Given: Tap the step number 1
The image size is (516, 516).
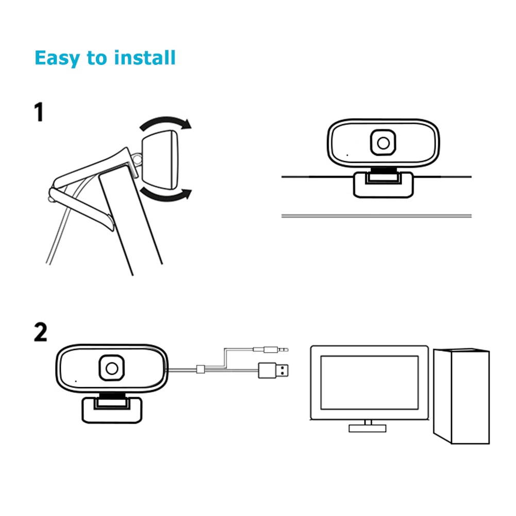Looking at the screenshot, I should point(39,112).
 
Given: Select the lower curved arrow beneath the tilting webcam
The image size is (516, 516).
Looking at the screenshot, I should point(167,194).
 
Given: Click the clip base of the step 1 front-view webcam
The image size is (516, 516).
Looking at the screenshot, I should point(383,185).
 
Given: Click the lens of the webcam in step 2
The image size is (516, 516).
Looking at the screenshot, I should point(111,368).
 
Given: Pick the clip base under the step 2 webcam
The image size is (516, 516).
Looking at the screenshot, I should point(111,409).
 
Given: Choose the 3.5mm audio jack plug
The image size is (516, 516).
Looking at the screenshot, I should point(270,349).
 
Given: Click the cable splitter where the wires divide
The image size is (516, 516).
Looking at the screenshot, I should point(202,370).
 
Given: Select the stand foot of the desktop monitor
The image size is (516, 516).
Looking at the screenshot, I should point(368,428).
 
